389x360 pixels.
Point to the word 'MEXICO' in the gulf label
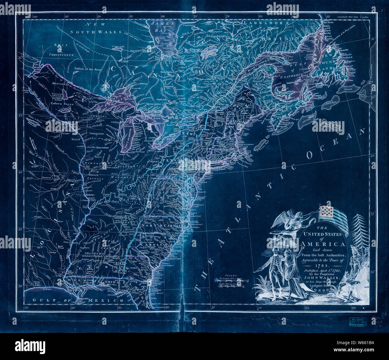[110, 300]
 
